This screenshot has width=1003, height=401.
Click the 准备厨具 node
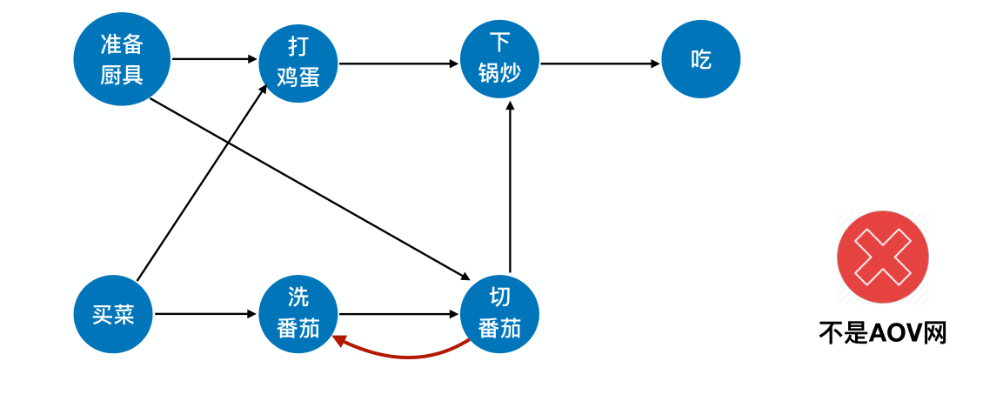(x=122, y=59)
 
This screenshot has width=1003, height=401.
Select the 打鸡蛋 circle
(x=298, y=63)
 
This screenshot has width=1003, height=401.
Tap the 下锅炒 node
(x=499, y=59)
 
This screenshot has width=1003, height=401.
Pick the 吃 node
(x=701, y=59)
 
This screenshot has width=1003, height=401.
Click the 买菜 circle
(x=114, y=314)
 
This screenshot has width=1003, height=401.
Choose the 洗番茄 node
(x=298, y=314)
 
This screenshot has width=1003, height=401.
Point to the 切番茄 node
(x=499, y=314)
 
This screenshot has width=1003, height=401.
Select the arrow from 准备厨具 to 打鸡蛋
(x=215, y=59)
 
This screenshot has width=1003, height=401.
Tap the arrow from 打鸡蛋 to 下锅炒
(x=398, y=63)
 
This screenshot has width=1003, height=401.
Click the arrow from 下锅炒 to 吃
(x=600, y=63)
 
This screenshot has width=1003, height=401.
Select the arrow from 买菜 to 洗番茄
(x=206, y=314)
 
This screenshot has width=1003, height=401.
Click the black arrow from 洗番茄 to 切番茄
(x=398, y=314)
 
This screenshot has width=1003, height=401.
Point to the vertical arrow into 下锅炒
(x=510, y=187)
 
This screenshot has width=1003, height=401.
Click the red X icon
(x=883, y=257)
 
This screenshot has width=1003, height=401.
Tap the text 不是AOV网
(x=882, y=332)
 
